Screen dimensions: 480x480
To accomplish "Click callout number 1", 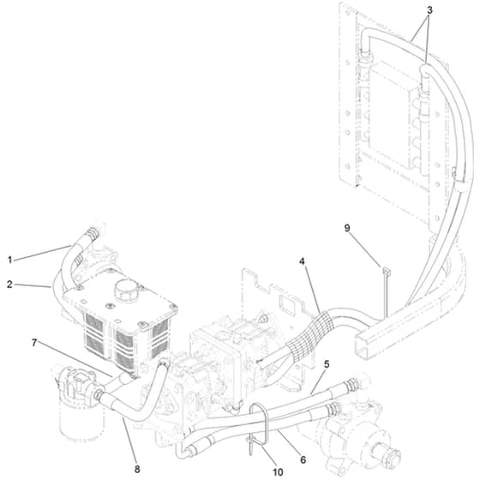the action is [9, 261].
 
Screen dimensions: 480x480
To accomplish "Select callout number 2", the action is [9, 285].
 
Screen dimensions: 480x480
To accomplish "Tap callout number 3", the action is [429, 10].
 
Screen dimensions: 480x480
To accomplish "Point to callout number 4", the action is [302, 261].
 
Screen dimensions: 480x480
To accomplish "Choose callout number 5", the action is [327, 364].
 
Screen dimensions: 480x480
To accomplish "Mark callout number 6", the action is [303, 459].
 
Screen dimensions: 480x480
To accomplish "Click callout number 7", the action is [34, 343].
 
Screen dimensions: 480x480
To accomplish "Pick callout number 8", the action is [137, 469].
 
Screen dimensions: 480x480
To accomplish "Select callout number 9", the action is [347, 228].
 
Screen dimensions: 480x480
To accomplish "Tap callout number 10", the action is [278, 472].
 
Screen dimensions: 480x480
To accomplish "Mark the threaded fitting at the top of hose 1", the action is [93, 234].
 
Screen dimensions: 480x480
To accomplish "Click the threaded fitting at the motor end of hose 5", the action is [351, 384].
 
